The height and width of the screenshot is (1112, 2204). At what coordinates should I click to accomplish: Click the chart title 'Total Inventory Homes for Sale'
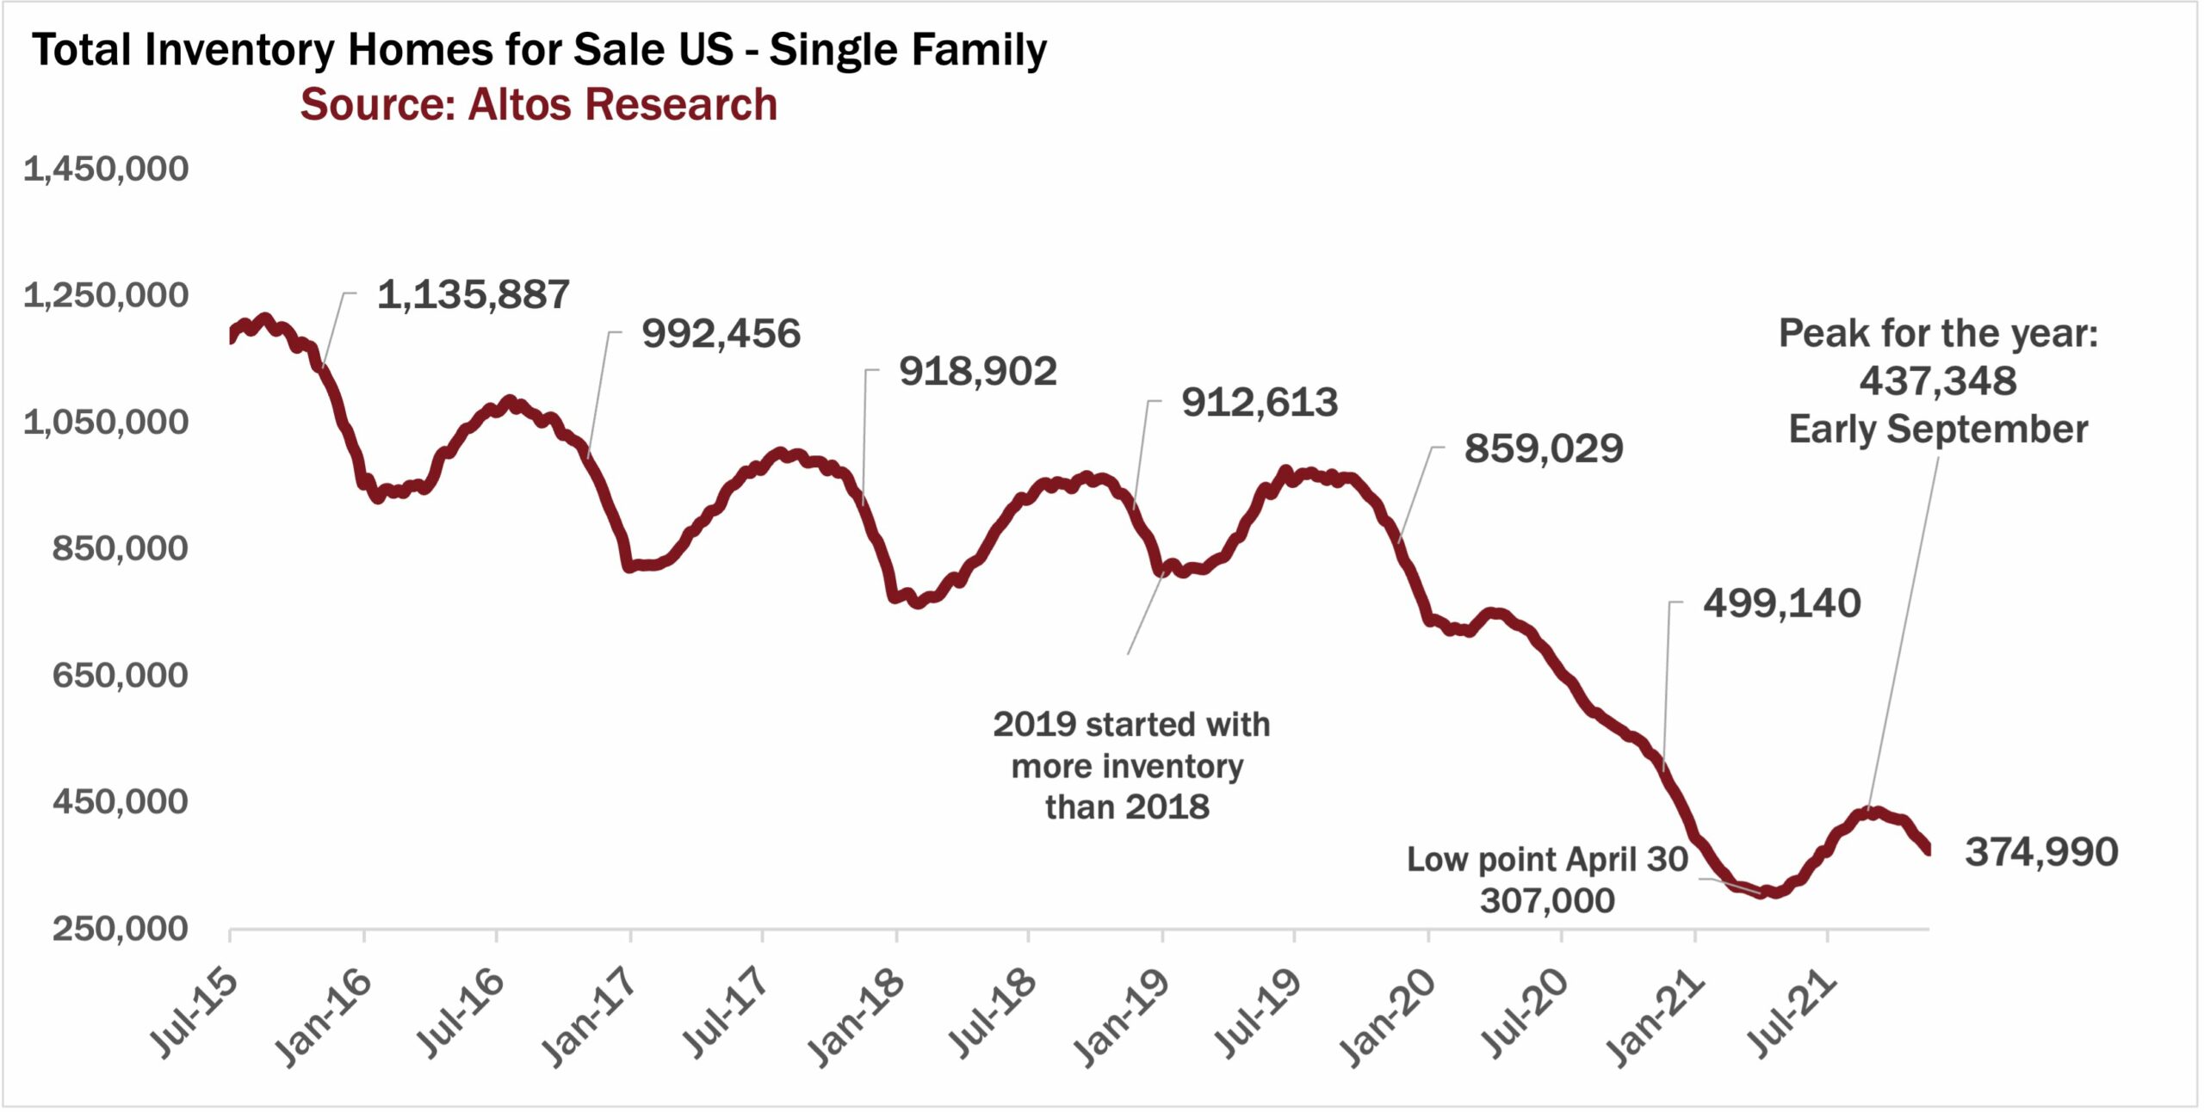pyautogui.click(x=539, y=50)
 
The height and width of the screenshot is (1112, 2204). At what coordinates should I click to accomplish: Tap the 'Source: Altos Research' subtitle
pyautogui.click(x=538, y=105)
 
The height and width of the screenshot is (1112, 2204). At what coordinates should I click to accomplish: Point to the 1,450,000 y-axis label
pyautogui.click(x=106, y=169)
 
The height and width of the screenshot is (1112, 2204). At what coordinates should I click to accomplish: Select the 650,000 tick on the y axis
pyautogui.click(x=120, y=676)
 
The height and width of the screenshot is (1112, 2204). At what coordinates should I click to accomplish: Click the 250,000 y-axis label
pyautogui.click(x=120, y=930)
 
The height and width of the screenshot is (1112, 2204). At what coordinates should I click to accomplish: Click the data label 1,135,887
pyautogui.click(x=474, y=295)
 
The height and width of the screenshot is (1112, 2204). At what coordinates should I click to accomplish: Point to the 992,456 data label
pyautogui.click(x=721, y=334)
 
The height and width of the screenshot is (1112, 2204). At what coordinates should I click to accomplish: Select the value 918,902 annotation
pyautogui.click(x=977, y=372)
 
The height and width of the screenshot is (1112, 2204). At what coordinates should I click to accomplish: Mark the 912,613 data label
pyautogui.click(x=1259, y=403)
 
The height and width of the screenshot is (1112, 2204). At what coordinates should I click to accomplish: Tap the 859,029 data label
pyautogui.click(x=1544, y=449)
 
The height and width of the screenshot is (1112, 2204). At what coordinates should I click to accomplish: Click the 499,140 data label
pyautogui.click(x=1781, y=603)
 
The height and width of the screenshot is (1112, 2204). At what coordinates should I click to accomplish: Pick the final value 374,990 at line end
pyautogui.click(x=2041, y=852)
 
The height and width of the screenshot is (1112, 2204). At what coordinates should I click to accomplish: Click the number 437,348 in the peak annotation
pyautogui.click(x=1937, y=381)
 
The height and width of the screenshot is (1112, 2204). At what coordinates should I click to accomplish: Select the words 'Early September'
pyautogui.click(x=1938, y=429)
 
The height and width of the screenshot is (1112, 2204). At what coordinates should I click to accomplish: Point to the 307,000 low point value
pyautogui.click(x=1547, y=901)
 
